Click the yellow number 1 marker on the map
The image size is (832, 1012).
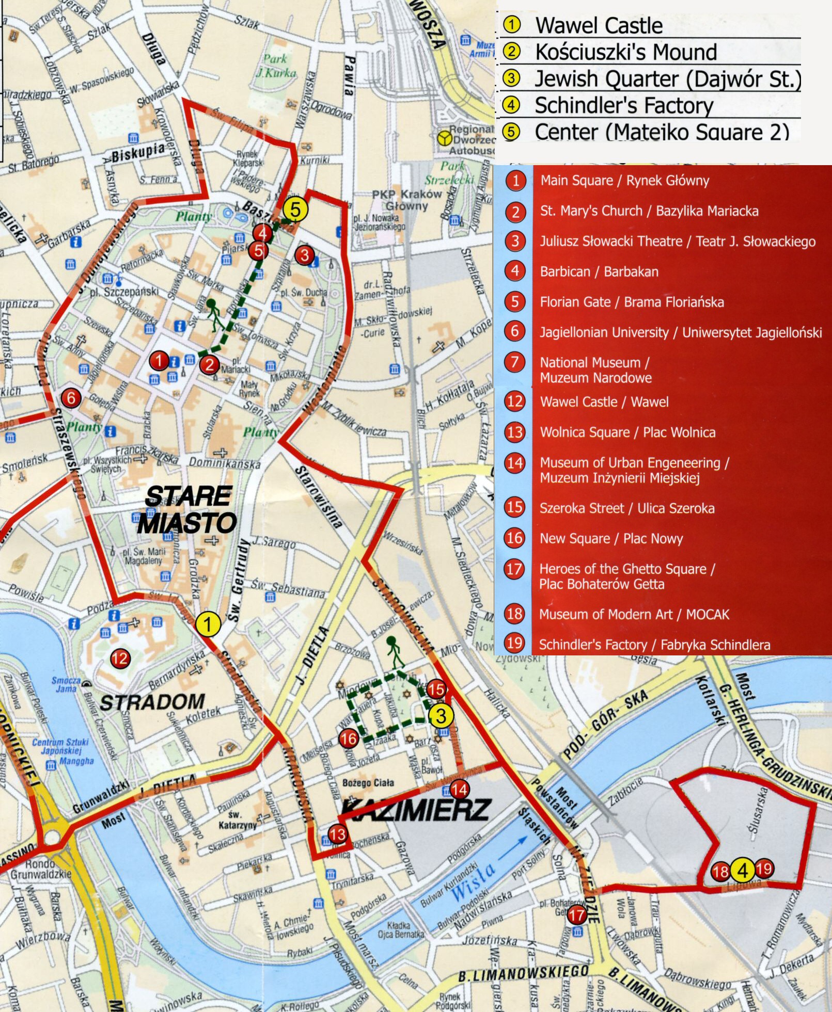(208, 624)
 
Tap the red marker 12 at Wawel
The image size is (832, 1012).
(120, 658)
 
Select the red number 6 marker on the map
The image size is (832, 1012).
(71, 398)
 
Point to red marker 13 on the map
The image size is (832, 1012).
(337, 834)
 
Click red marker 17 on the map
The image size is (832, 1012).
(577, 915)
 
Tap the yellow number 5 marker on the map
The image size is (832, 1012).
(295, 210)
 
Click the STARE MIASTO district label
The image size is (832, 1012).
(187, 510)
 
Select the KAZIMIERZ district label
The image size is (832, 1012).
(416, 810)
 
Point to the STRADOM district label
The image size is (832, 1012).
(152, 702)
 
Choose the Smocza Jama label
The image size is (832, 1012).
(67, 684)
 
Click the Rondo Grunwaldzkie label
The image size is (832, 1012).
(40, 869)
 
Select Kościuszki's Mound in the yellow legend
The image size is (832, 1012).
(626, 52)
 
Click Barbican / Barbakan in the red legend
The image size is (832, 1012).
(599, 272)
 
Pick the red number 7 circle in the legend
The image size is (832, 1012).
(515, 362)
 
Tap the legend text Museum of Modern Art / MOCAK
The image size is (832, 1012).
(634, 614)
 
